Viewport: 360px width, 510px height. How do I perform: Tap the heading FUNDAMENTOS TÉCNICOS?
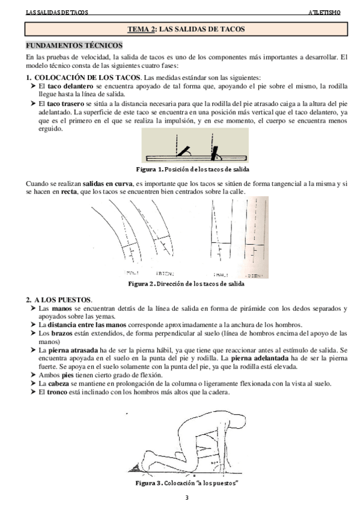click(73, 46)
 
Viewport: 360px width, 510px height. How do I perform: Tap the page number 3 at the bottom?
click(187, 498)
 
